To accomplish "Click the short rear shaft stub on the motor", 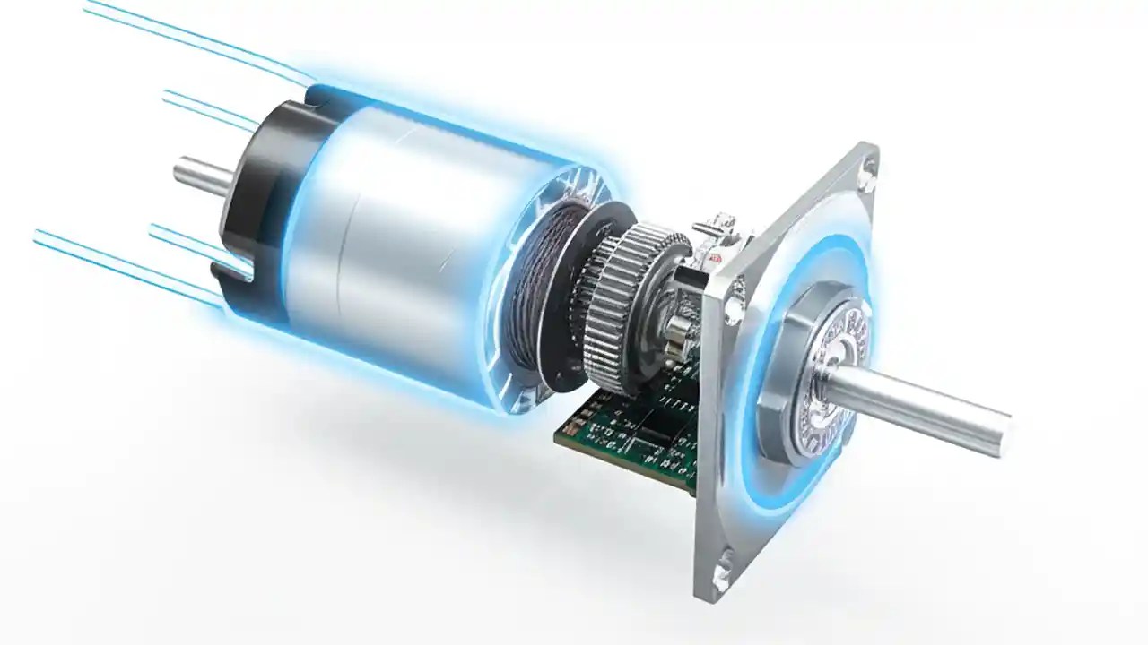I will (199, 172).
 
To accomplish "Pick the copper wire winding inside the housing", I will (538, 287).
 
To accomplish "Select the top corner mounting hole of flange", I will (868, 176).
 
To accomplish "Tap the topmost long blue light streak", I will (179, 36).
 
